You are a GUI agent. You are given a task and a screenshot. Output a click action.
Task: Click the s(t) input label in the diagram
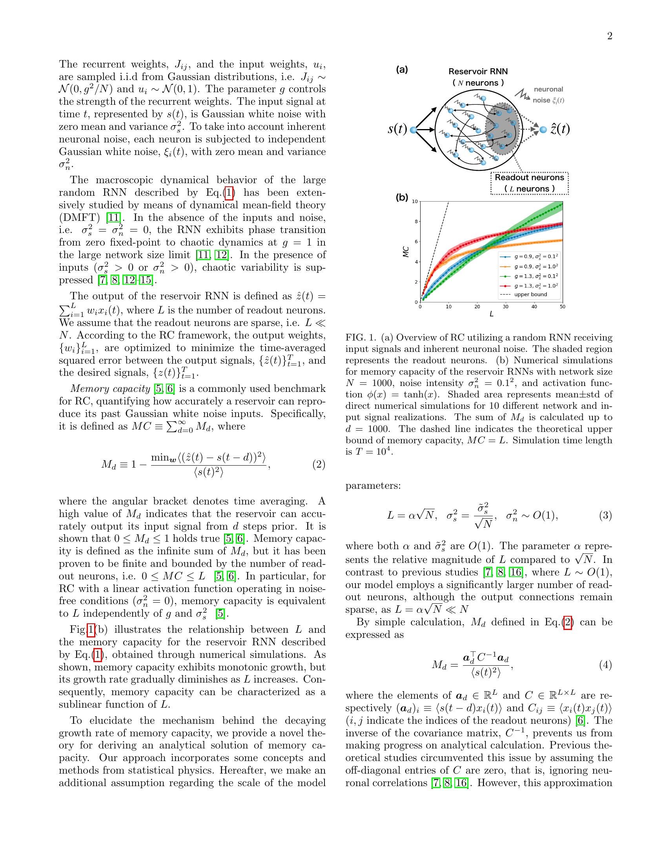click(397, 129)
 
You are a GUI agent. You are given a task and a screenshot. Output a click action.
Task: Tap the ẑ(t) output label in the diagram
click(560, 129)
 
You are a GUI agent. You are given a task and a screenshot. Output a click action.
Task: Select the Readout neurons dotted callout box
click(529, 183)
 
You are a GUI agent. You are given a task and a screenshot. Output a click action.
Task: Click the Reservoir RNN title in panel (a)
click(478, 71)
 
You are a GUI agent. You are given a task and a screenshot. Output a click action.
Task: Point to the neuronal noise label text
click(548, 95)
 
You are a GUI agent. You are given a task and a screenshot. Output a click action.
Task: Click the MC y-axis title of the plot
click(405, 252)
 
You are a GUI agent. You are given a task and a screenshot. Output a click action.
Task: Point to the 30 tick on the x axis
click(505, 307)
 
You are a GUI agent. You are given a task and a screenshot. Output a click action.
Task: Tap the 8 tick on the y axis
click(414, 222)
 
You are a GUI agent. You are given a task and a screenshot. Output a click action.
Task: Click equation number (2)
click(319, 464)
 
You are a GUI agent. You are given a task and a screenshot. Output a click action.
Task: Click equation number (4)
click(605, 665)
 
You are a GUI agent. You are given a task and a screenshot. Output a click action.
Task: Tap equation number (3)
click(605, 515)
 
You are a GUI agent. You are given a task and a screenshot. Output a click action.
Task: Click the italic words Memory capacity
click(110, 388)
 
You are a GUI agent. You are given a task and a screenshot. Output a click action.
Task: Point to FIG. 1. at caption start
click(360, 337)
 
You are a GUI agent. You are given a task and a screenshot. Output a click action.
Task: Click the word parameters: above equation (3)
click(373, 485)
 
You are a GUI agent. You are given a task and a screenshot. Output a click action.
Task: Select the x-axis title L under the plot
click(491, 315)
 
